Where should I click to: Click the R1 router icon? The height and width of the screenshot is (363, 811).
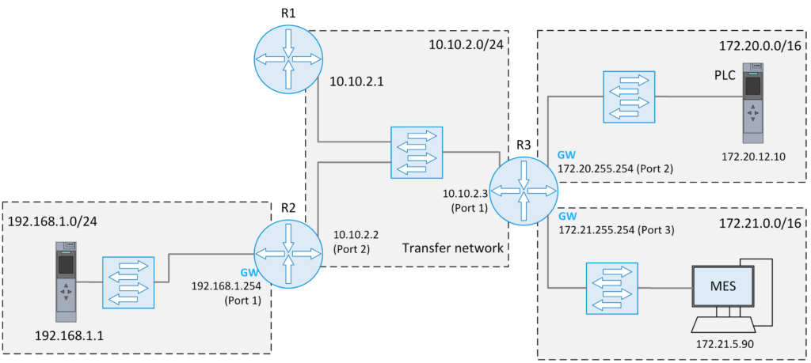click(288, 59)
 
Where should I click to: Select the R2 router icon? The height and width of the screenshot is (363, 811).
click(288, 255)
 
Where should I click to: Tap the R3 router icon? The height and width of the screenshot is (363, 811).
click(524, 190)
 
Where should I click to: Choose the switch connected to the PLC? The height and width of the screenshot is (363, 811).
click(629, 96)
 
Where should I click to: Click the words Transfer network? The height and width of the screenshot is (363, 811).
click(452, 248)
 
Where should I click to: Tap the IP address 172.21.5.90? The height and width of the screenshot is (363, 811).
click(724, 345)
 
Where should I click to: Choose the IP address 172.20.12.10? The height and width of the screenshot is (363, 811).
click(753, 156)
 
